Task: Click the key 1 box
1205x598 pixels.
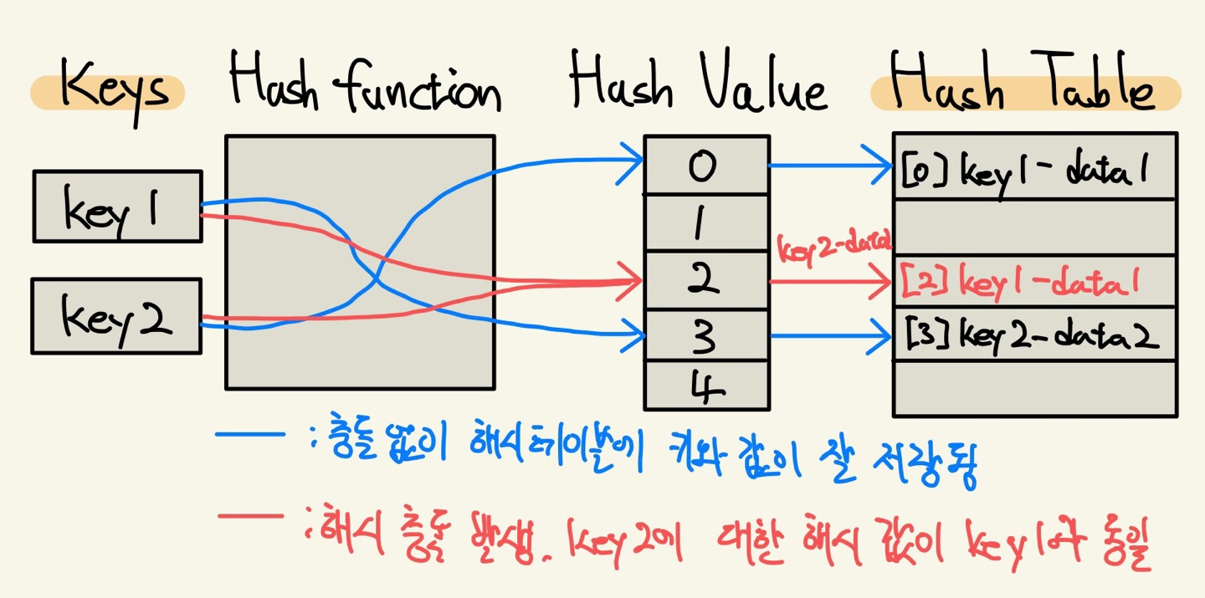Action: pyautogui.click(x=117, y=207)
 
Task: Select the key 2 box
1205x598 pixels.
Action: pyautogui.click(x=116, y=315)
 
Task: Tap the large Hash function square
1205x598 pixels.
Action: pyautogui.click(x=360, y=262)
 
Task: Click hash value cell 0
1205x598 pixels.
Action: pyautogui.click(x=705, y=166)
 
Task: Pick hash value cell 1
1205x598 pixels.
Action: pyautogui.click(x=705, y=223)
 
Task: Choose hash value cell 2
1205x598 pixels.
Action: pyautogui.click(x=705, y=282)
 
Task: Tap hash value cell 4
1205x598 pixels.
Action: pyautogui.click(x=705, y=386)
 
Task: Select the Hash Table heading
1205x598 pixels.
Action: pyautogui.click(x=1024, y=86)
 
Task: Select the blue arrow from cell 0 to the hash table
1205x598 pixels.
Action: pyautogui.click(x=828, y=166)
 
